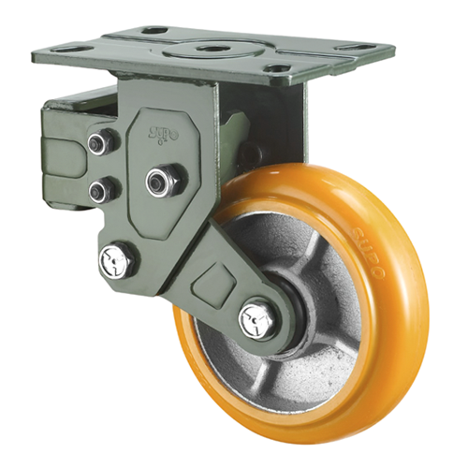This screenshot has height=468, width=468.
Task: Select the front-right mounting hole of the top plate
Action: click(x=275, y=67)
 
